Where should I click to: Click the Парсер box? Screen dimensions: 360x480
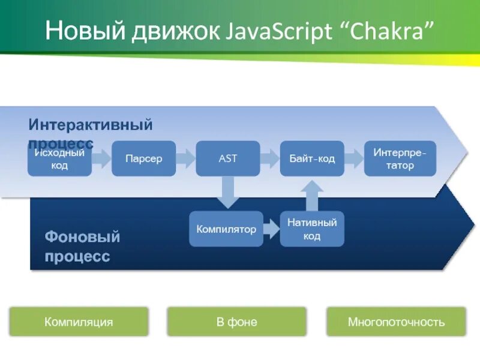point(143,158)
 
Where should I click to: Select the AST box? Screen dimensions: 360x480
point(228,158)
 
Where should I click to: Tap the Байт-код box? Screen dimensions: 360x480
point(312,158)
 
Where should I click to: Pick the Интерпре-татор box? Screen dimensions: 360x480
point(400,158)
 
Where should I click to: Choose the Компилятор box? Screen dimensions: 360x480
point(226,229)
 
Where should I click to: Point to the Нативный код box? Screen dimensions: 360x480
point(312,229)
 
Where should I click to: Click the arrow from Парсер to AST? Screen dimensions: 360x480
point(186,158)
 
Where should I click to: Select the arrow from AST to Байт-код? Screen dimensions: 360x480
point(270,158)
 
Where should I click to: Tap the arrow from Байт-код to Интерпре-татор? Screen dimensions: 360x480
point(355,158)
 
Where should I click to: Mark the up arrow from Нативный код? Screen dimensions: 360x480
point(312,194)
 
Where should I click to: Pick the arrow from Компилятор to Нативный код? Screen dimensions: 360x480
point(272,229)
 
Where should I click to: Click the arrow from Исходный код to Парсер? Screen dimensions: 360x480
point(102,158)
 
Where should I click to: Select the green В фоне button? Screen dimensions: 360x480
point(236,322)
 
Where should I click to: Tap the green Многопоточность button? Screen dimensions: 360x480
point(396,322)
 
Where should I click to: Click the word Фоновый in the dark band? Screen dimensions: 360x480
point(82,236)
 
